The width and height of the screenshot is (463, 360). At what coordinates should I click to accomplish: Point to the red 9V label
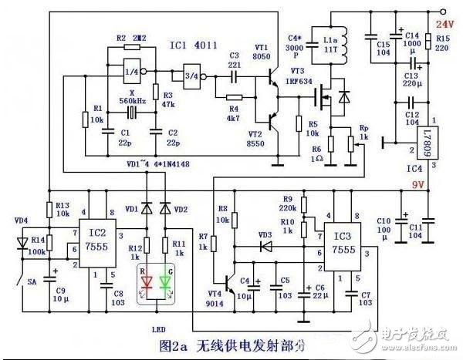[417, 184]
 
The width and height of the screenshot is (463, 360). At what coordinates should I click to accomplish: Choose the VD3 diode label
[265, 235]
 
